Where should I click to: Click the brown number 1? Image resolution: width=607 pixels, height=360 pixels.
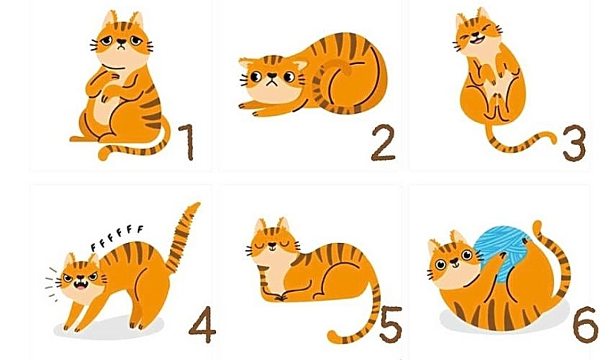(187, 142)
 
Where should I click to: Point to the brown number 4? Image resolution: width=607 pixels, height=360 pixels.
(202, 324)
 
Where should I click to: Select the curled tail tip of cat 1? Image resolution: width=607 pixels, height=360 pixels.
(104, 155)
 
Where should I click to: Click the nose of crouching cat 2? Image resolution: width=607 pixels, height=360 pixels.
(272, 75)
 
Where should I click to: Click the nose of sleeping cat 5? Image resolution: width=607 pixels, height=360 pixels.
(271, 245)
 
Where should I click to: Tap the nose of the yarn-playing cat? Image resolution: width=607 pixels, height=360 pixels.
(453, 261)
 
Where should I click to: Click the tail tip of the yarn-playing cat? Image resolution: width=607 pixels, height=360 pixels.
(537, 226)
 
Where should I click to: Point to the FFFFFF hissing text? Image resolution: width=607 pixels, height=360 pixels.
(117, 238)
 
